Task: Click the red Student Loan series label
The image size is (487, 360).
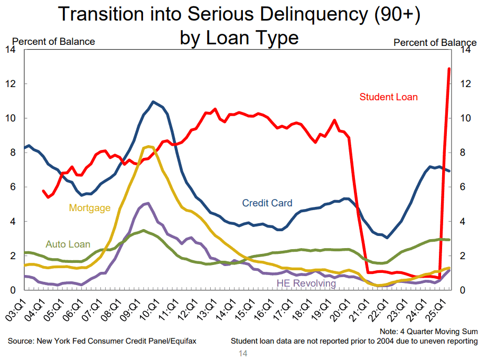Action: pyautogui.click(x=388, y=97)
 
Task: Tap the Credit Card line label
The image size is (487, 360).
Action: pyautogui.click(x=267, y=203)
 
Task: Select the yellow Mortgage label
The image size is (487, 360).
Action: pyautogui.click(x=89, y=207)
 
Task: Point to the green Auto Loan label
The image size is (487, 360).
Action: pyautogui.click(x=68, y=244)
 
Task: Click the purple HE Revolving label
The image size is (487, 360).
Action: pyautogui.click(x=306, y=283)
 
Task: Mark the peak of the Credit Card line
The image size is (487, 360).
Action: pyautogui.click(x=153, y=101)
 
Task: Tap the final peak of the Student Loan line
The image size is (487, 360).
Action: pyautogui.click(x=449, y=69)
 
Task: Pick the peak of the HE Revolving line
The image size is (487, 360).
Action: pyautogui.click(x=148, y=204)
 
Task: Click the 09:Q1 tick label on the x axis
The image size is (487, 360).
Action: pyautogui.click(x=130, y=310)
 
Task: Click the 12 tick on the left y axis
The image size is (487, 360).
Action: pyautogui.click(x=11, y=84)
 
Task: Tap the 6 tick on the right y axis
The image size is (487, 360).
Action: pyautogui.click(x=463, y=187)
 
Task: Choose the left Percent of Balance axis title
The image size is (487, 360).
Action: pyautogui.click(x=53, y=42)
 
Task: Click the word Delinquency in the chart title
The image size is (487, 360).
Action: pyautogui.click(x=314, y=14)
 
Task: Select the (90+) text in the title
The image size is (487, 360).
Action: pyautogui.click(x=397, y=14)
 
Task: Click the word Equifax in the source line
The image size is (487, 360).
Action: pyautogui.click(x=183, y=341)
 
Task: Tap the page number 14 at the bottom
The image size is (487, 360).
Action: pyautogui.click(x=243, y=353)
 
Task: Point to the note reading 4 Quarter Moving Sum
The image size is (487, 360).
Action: pyautogui.click(x=439, y=331)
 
